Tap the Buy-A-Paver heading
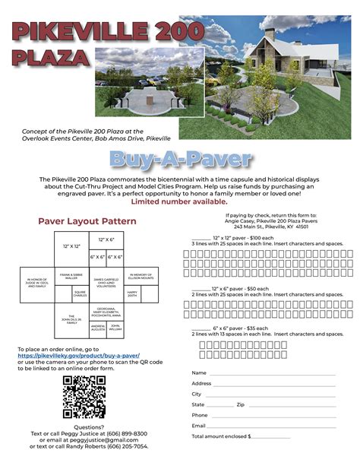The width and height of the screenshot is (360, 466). click(x=180, y=159)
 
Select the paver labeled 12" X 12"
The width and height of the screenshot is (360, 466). click(x=71, y=246)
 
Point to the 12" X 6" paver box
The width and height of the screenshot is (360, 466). click(x=106, y=240)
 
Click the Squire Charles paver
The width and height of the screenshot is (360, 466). click(x=80, y=293)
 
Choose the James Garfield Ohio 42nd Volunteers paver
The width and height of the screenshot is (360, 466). click(x=106, y=281)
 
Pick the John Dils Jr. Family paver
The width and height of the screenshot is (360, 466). click(x=71, y=319)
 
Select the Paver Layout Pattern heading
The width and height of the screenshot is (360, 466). click(x=87, y=221)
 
